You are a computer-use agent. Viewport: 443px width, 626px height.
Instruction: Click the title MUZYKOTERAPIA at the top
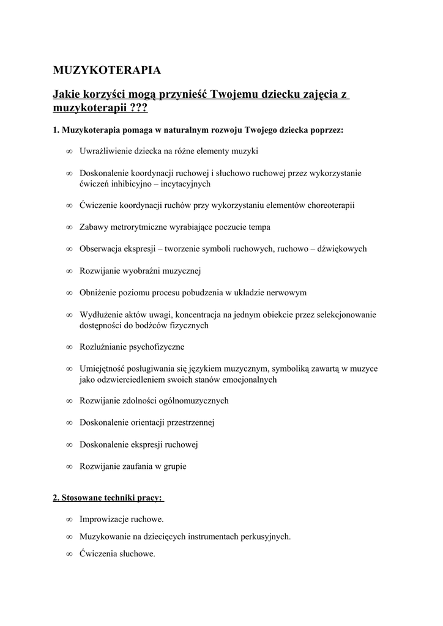(x=107, y=70)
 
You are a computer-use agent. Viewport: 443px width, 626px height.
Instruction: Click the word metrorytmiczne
(x=140, y=227)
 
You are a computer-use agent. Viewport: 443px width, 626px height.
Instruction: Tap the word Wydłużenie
(x=102, y=315)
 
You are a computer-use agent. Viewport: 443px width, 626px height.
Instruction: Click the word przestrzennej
(x=188, y=422)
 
